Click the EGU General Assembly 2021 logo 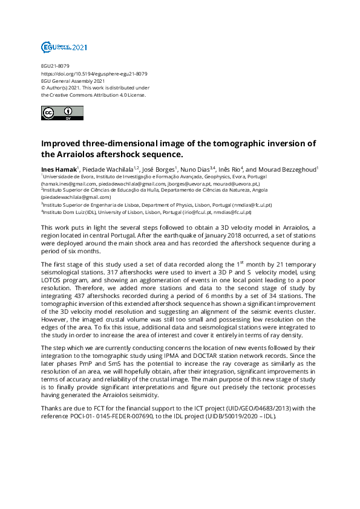point(56,47)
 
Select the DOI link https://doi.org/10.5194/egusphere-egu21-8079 point(94,74)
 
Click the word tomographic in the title point(233,143)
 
